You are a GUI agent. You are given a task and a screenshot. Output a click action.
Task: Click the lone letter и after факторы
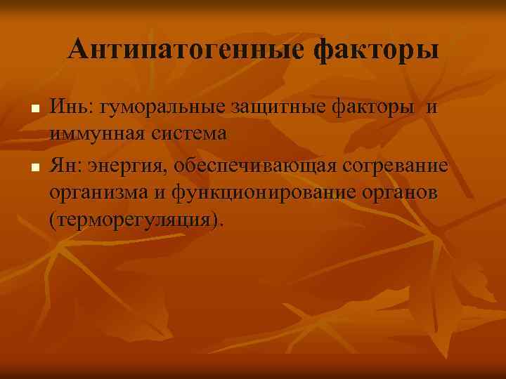tap(432, 107)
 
